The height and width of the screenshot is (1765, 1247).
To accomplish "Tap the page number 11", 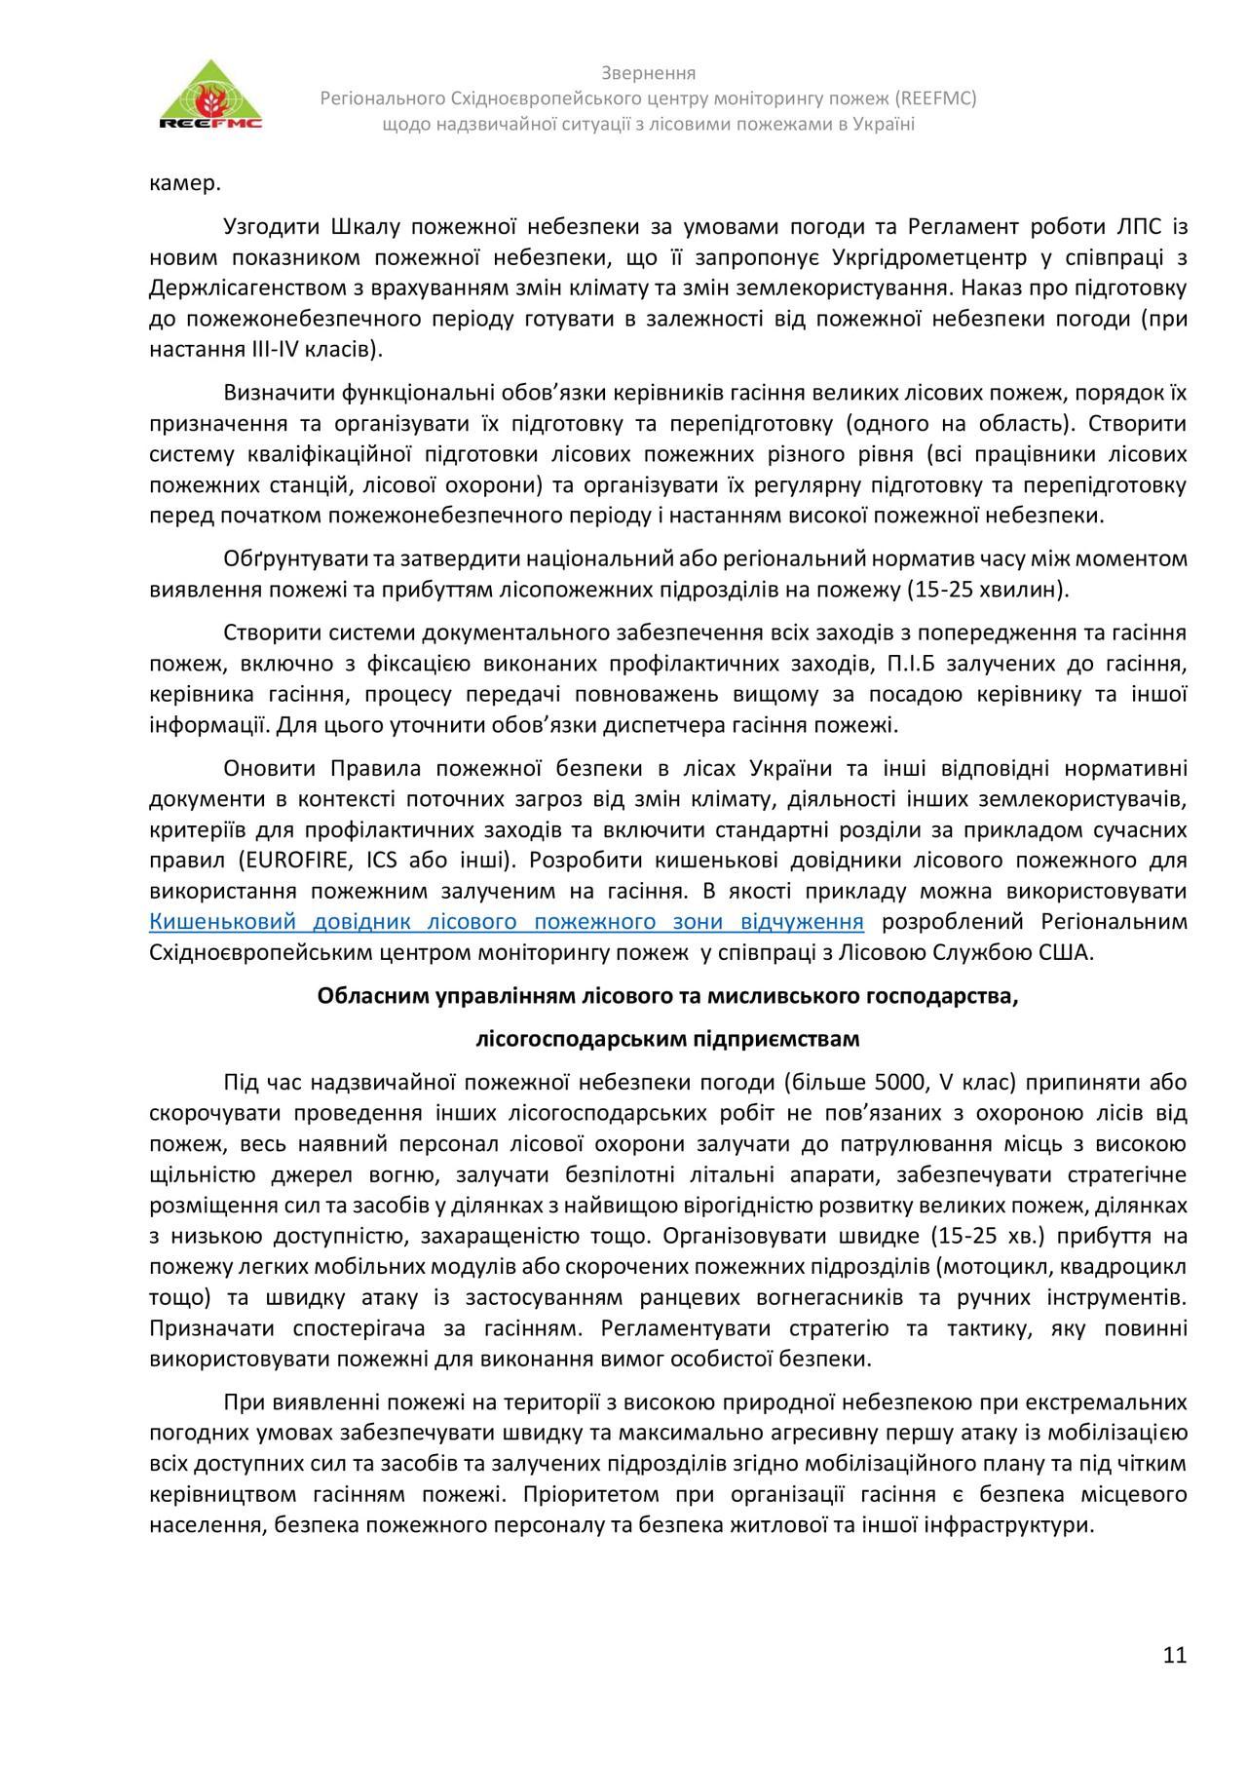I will (1174, 1654).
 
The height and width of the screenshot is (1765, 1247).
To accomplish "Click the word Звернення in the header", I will (648, 73).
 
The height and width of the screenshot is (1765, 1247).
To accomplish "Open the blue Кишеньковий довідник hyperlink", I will (507, 922).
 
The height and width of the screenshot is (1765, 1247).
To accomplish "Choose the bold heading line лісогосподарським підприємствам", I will (667, 1038).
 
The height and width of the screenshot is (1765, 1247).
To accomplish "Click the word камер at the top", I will (185, 182).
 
